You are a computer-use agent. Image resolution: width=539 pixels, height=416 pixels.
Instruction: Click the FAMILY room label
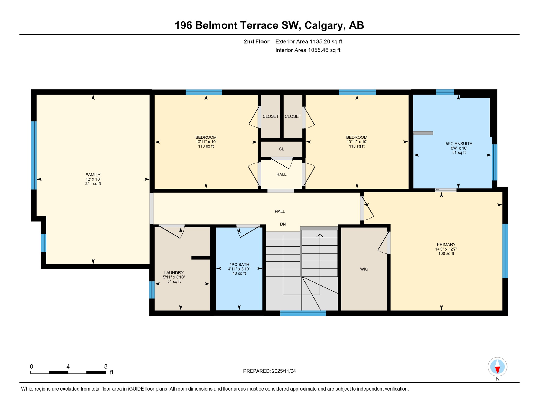point(93,175)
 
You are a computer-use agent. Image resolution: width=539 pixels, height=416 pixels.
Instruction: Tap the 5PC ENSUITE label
point(459,144)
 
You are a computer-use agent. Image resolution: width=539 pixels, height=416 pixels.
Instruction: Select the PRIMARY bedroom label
point(446,245)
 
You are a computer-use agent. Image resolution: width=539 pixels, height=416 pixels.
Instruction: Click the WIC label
point(364,269)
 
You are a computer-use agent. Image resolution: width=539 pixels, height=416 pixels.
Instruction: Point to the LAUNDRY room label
point(174,273)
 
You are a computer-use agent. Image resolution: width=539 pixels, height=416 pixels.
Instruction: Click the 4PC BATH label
point(239,265)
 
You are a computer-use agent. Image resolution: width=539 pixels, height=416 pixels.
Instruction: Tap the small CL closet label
point(281,149)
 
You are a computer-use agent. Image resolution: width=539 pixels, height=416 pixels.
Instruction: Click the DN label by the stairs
point(283,224)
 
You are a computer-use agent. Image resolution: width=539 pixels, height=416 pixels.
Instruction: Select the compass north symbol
point(497,367)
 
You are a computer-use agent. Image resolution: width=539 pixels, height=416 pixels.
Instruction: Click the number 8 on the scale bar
point(106,366)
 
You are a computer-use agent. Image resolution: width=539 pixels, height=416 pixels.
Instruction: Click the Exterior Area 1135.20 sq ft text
point(309,41)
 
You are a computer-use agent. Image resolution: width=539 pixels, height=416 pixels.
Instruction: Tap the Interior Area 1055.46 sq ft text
point(308,50)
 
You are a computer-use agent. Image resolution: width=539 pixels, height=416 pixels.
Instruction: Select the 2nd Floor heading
point(256,41)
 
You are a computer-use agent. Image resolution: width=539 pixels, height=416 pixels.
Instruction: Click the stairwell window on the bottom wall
point(303,313)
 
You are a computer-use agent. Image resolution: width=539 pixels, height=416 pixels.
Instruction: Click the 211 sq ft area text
point(93,184)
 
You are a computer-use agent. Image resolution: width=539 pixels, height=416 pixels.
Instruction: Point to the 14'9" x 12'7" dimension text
point(446,249)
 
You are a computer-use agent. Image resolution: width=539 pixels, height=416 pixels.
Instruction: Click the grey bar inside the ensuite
point(423,133)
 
